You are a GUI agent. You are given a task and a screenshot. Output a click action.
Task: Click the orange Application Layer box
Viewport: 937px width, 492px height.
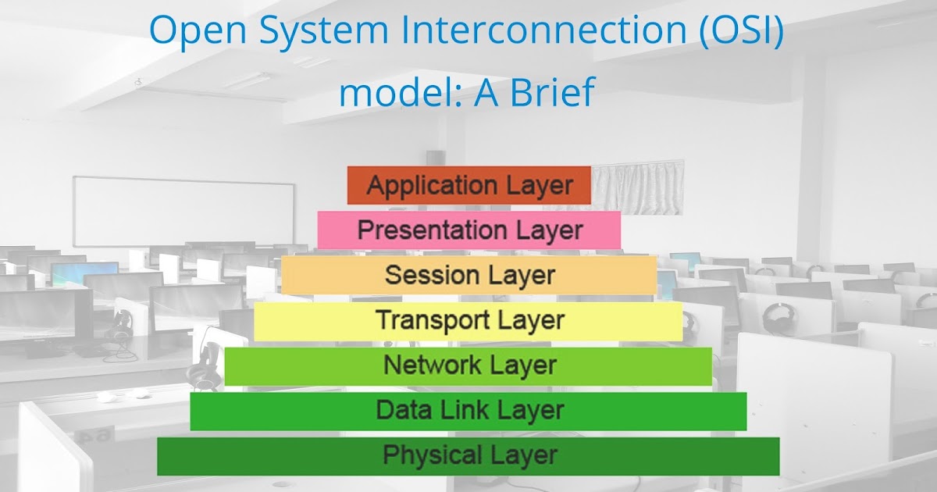469,185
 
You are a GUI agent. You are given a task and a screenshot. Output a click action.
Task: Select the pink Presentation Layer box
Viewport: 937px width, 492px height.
469,230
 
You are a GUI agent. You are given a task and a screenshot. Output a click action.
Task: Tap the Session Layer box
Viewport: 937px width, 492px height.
469,275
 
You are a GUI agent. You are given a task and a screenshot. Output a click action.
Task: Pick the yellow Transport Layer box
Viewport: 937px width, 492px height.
468,321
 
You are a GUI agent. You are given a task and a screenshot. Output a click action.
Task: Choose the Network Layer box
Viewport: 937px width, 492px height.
468,366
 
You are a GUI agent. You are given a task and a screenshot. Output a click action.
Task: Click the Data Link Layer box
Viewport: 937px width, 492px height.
468,412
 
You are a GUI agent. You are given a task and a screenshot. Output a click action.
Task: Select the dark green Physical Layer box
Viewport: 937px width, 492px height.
468,456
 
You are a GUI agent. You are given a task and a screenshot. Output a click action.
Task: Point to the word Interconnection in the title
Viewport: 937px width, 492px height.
543,30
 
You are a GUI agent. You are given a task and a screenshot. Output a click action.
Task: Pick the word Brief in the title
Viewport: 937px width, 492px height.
552,91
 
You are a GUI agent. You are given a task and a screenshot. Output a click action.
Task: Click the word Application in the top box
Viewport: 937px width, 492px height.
432,186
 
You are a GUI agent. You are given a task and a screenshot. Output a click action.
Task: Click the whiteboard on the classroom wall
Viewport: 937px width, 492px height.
184,212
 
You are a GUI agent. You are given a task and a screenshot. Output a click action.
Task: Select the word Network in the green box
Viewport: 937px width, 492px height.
432,365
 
